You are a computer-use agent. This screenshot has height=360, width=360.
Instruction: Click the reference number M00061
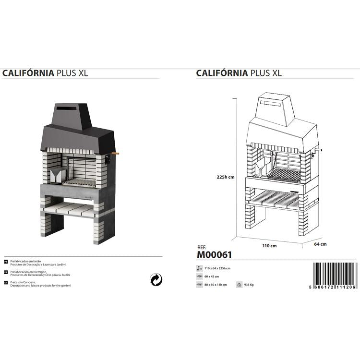click(x=214, y=255)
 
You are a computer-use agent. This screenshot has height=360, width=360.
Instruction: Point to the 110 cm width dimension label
click(x=269, y=245)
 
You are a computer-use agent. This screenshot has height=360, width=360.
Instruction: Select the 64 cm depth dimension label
click(x=320, y=244)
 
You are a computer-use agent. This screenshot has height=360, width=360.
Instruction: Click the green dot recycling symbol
click(x=156, y=279)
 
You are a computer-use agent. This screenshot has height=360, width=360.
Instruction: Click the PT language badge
click(x=6, y=263)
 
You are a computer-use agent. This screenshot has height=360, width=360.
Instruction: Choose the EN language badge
click(x=6, y=283)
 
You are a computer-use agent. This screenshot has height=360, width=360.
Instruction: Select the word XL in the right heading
click(x=276, y=73)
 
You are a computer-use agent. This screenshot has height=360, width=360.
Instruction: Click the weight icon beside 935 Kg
click(x=239, y=285)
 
